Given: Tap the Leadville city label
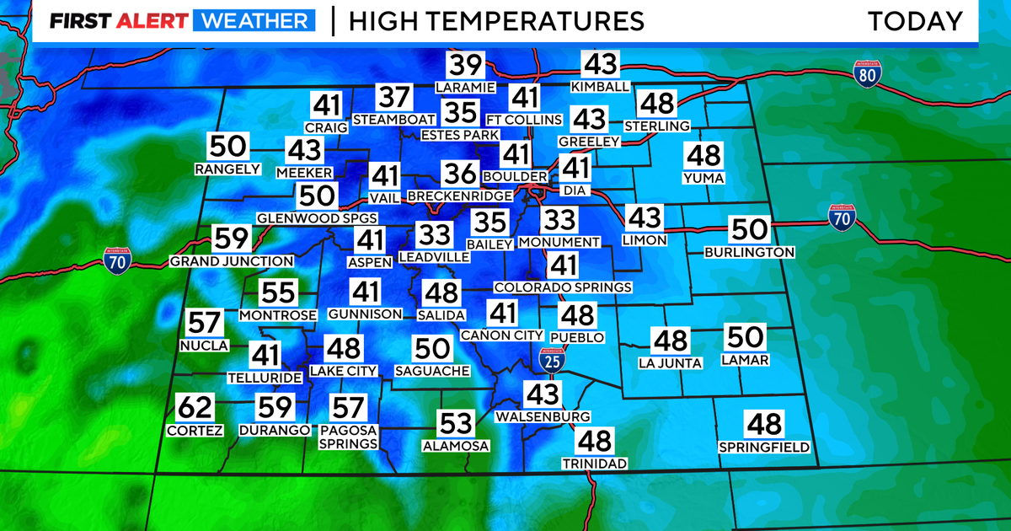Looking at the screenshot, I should click(434, 255).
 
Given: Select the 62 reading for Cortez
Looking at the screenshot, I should click(195, 409).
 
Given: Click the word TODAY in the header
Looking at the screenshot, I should click(915, 21).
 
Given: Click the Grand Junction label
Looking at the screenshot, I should click(232, 261).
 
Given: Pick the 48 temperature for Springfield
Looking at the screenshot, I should click(764, 424).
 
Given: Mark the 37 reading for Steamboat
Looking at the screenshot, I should click(392, 98).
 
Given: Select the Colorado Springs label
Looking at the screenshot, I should click(563, 287).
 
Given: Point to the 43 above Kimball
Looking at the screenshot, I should click(600, 66).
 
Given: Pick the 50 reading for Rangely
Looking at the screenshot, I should click(227, 147).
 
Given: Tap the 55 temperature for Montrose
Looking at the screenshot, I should click(277, 293).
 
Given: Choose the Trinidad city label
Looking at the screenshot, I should click(596, 464).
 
